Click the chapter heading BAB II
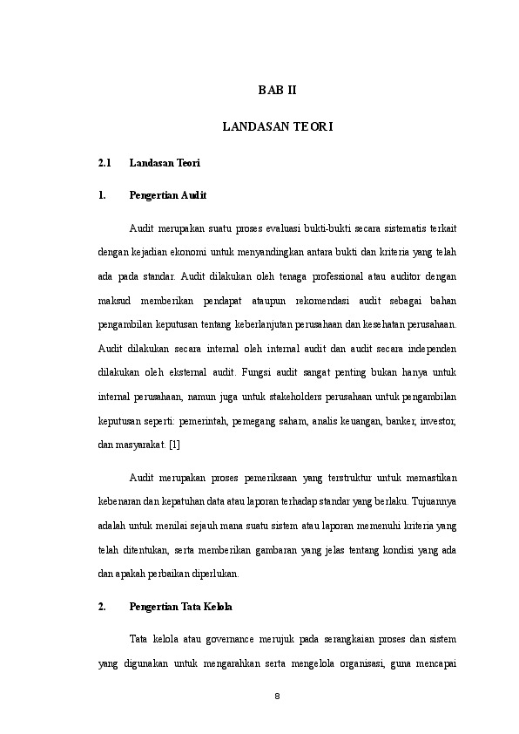(x=278, y=90)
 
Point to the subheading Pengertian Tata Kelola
(x=181, y=605)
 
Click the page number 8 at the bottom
(x=278, y=697)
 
